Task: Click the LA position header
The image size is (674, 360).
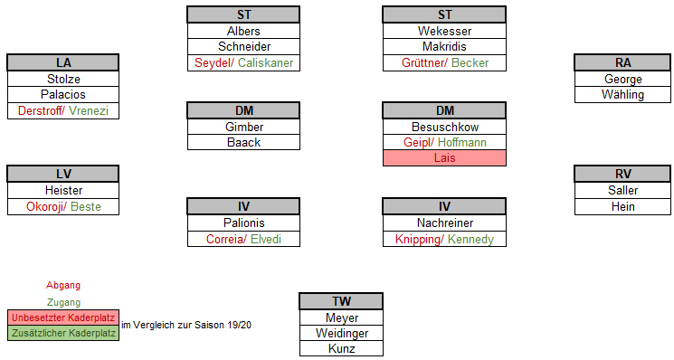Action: pos(63,62)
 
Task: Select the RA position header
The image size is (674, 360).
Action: pos(623,62)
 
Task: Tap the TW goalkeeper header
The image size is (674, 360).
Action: pos(341,301)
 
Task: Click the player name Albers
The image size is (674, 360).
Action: pos(243,31)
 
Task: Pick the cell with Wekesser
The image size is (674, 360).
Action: pos(444,31)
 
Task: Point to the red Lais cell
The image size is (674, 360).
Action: pos(444,158)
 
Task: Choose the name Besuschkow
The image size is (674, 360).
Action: pos(444,127)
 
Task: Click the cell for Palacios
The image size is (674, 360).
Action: pos(63,94)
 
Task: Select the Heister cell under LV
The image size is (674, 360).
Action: pos(63,190)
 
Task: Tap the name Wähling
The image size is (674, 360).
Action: pos(623,94)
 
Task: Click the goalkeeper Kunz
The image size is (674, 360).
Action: pos(341,348)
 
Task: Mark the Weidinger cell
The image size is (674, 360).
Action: pos(341,333)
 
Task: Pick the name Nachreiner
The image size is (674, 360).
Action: pos(444,223)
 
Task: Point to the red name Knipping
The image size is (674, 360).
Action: pos(416,240)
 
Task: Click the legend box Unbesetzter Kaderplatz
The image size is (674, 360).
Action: pos(63,317)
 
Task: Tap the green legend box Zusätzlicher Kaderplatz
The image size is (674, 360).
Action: pos(63,333)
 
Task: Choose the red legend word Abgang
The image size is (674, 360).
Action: pos(63,286)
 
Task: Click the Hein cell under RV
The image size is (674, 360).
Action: pos(623,206)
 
